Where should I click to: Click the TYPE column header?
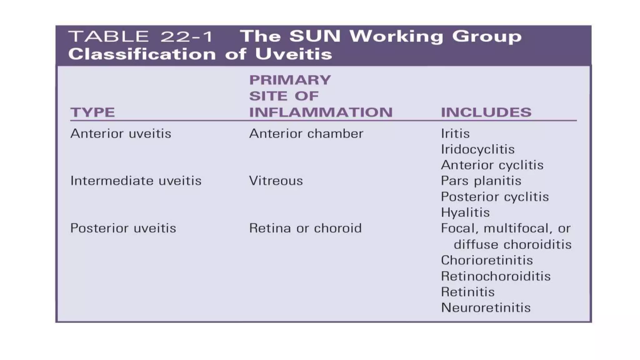[92, 112]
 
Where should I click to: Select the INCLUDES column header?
[486, 112]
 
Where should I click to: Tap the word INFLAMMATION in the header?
[321, 112]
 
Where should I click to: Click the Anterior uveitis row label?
[121, 134]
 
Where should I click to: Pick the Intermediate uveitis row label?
[136, 181]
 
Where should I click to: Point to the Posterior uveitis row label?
[123, 228]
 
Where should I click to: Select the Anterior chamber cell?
[306, 134]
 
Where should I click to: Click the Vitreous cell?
[276, 181]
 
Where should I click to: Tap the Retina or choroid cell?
[305, 228]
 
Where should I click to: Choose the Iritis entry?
[455, 134]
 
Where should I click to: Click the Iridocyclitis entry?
[477, 149]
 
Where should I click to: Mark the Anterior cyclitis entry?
[492, 165]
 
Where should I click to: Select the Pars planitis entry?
[481, 181]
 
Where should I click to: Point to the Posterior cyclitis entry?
[495, 197]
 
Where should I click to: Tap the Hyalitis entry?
[465, 212]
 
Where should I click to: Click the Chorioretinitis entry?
[487, 260]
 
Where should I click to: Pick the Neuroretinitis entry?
[486, 308]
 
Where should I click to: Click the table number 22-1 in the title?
[186, 37]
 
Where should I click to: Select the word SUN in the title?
[315, 36]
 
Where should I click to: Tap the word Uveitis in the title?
[293, 54]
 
